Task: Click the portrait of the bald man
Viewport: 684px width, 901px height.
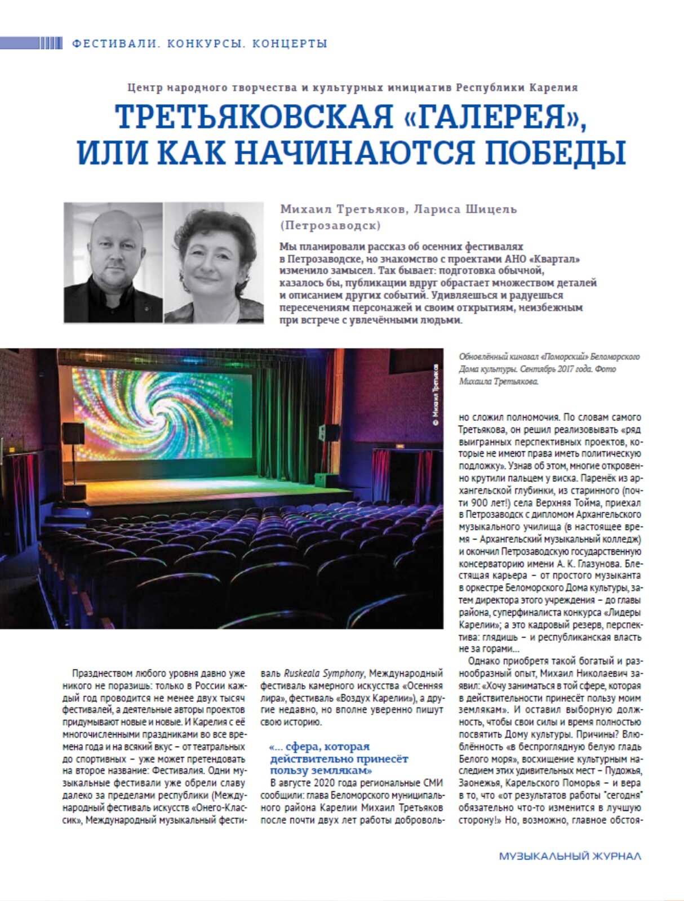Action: click(113, 262)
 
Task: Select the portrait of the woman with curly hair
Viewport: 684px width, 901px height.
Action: click(214, 262)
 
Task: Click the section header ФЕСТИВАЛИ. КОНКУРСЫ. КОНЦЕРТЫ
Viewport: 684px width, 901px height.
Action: click(200, 43)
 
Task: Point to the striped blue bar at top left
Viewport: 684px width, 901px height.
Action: click(31, 43)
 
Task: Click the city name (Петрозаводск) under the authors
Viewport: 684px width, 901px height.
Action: click(330, 226)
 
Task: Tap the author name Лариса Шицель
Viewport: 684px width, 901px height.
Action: click(465, 209)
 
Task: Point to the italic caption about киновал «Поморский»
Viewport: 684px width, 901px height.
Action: click(549, 369)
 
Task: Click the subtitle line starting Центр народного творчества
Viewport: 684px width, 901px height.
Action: click(353, 88)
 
